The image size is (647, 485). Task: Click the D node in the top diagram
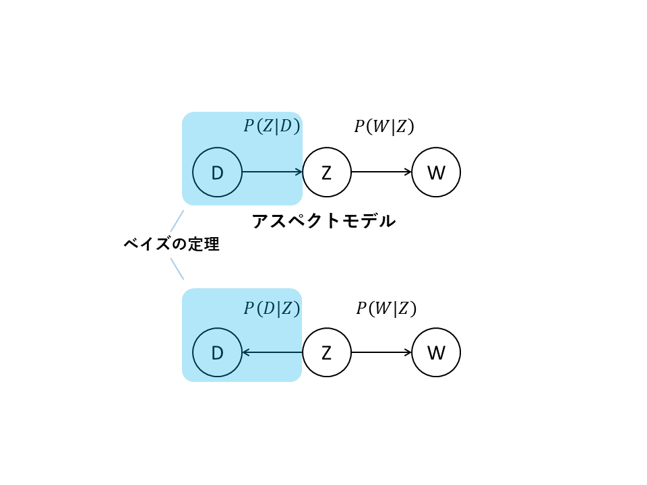click(x=217, y=172)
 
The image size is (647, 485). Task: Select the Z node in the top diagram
click(x=327, y=172)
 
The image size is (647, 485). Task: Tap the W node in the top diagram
click(x=436, y=172)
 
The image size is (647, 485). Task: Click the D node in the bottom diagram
click(x=217, y=352)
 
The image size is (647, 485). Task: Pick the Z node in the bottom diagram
click(x=327, y=352)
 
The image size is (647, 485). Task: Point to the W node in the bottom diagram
click(x=436, y=352)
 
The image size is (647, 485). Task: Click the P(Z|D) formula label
click(x=272, y=127)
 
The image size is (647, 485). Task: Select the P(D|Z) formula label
click(x=272, y=309)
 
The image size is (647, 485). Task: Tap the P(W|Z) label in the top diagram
click(x=384, y=127)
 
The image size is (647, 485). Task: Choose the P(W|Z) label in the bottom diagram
click(x=386, y=309)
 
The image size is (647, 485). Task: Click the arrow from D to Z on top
click(x=272, y=172)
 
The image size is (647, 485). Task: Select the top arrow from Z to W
click(x=381, y=172)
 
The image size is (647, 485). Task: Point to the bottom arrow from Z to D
click(x=272, y=352)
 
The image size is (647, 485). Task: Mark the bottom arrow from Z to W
click(x=381, y=352)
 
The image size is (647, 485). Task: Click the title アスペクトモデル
click(x=323, y=221)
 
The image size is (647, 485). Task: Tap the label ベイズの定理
click(x=172, y=245)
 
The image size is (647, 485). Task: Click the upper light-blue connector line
click(x=177, y=222)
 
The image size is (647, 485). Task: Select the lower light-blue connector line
click(x=177, y=269)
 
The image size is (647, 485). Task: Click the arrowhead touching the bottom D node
click(x=246, y=352)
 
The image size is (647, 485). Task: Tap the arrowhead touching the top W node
click(x=408, y=172)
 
